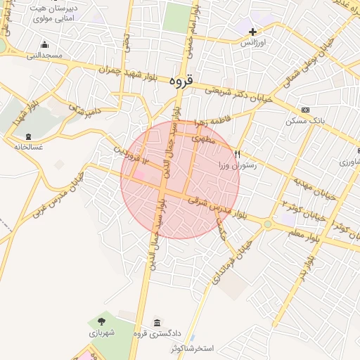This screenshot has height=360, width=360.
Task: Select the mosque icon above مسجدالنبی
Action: (x=45, y=44)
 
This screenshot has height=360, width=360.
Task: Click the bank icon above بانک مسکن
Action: (x=304, y=110)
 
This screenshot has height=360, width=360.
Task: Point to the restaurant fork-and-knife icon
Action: (x=238, y=154)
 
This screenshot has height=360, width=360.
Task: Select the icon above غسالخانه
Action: (x=27, y=136)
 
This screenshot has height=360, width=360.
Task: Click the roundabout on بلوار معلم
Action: (x=269, y=224)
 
